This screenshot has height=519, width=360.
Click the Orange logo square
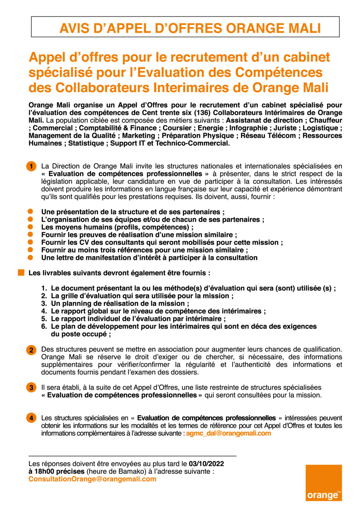tap(324, 482)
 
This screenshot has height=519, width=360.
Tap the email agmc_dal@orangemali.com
tap(228, 433)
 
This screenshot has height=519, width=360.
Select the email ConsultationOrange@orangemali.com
tap(92, 479)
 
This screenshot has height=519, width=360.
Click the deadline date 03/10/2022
tap(206, 464)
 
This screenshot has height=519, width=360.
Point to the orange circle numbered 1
tap(31, 166)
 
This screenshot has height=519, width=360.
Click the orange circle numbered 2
tap(31, 350)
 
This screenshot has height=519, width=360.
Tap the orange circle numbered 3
tap(31, 388)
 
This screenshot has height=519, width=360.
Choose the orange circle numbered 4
tap(31, 418)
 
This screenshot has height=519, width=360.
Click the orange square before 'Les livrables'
tap(21, 272)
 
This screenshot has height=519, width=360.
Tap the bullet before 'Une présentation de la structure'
tap(30, 212)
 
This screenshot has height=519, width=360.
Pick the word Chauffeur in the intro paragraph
tap(326, 120)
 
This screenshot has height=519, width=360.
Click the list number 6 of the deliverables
tap(44, 326)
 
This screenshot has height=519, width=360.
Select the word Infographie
tap(248, 128)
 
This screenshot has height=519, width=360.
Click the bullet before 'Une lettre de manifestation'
tap(30, 258)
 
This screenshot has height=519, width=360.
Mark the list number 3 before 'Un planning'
tap(44, 303)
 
